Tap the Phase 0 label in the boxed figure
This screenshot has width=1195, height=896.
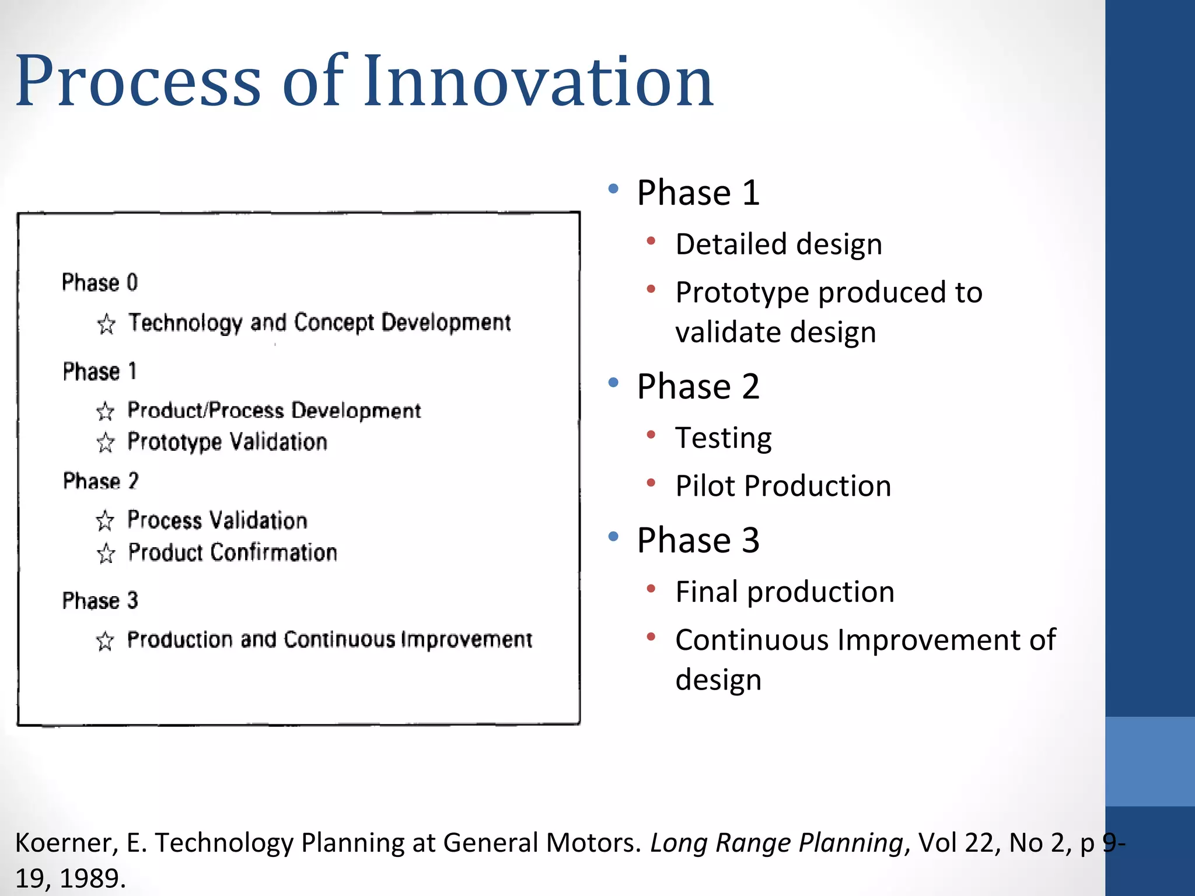pos(100,282)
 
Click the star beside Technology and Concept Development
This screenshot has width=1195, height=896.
pos(106,324)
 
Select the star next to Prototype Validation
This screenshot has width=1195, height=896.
pos(106,443)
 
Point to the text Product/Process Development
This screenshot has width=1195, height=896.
pos(274,411)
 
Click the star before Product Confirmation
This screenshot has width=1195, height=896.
pos(106,554)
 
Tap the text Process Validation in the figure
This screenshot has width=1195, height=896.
pos(217,520)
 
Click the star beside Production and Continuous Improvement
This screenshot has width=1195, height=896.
pos(105,641)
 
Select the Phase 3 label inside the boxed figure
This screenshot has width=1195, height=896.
pos(100,601)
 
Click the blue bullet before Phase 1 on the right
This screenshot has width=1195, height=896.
pos(613,189)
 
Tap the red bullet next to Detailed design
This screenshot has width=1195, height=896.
pos(651,240)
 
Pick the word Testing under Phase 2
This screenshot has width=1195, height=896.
pos(723,437)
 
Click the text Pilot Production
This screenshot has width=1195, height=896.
pos(783,486)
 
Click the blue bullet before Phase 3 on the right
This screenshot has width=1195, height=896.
pos(613,536)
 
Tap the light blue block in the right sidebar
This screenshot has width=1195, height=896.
pos(1149,761)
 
